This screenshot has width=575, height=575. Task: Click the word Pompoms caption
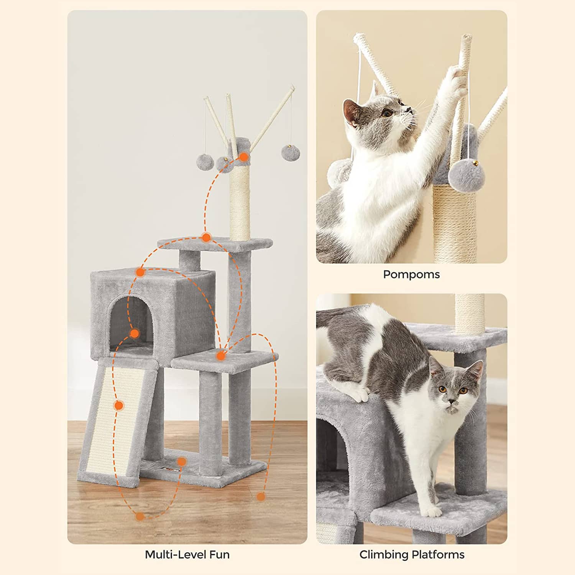tap(411, 274)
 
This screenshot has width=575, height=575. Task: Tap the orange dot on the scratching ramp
tap(118, 405)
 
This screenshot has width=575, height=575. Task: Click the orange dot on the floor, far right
tap(261, 497)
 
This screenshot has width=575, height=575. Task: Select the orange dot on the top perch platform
tap(206, 238)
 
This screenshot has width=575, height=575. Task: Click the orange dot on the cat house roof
tap(140, 273)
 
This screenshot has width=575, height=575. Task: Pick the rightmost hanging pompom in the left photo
tap(291, 153)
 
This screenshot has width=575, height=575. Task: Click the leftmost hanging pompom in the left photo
tap(205, 161)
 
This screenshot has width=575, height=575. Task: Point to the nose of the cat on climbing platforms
tap(452, 402)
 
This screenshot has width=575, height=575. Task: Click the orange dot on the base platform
tap(182, 462)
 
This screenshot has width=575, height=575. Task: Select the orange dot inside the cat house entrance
tap(134, 333)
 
